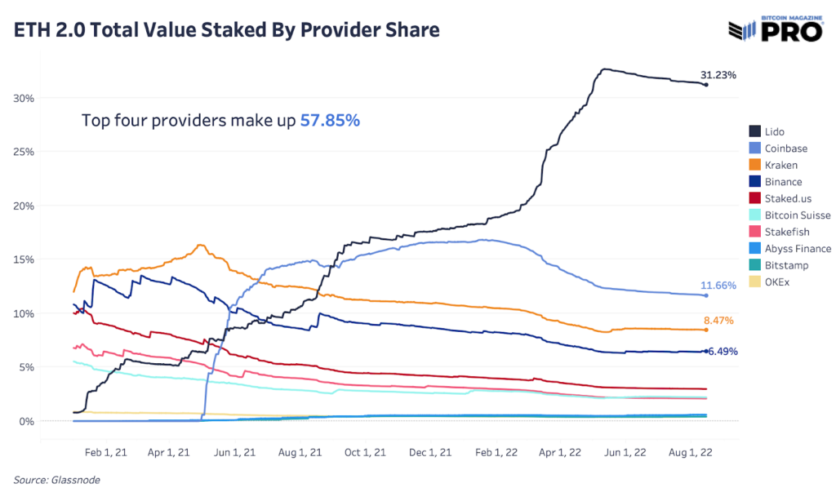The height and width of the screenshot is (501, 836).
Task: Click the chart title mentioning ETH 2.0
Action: tap(226, 30)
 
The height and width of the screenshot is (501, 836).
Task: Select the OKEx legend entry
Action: tap(777, 282)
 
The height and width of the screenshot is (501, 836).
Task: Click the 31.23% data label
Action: tap(718, 75)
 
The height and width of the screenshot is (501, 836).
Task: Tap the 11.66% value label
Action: tap(718, 286)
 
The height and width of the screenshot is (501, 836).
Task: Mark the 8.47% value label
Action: tap(718, 321)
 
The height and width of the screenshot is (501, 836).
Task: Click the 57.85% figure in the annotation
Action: tap(330, 121)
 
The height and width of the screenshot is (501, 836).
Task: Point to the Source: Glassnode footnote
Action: tap(56, 481)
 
